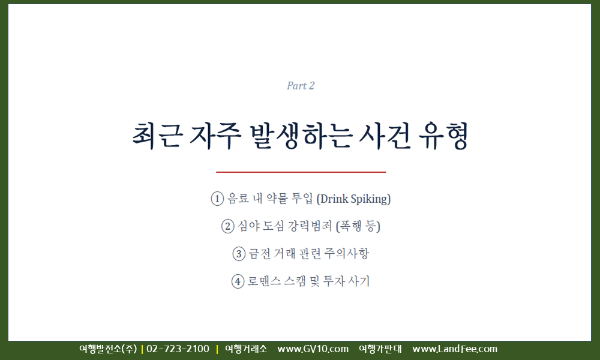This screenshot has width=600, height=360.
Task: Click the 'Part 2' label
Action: pos(301,86)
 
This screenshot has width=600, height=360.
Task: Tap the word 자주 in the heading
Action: pos(215,136)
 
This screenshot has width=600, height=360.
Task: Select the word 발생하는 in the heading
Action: pos(300,136)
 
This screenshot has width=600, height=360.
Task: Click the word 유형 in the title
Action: pos(443,136)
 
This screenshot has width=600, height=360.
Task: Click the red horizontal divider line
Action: pos(301,172)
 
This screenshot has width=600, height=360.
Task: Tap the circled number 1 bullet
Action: pos(217,199)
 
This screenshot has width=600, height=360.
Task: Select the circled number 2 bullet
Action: pos(227,226)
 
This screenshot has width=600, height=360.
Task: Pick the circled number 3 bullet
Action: pos(239,254)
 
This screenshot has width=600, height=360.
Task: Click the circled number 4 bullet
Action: pos(238,281)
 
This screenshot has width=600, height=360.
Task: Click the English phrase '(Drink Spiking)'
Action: pos(354,199)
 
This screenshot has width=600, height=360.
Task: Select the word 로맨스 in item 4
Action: pos(264,281)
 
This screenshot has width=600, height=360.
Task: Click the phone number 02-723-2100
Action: pos(178,349)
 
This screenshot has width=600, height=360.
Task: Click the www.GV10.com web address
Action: pos(313,349)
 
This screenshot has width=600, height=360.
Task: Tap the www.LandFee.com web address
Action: pos(455,349)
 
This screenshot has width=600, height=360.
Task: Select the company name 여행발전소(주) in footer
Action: pos(108,349)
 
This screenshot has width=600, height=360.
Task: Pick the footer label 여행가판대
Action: pos(380,349)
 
